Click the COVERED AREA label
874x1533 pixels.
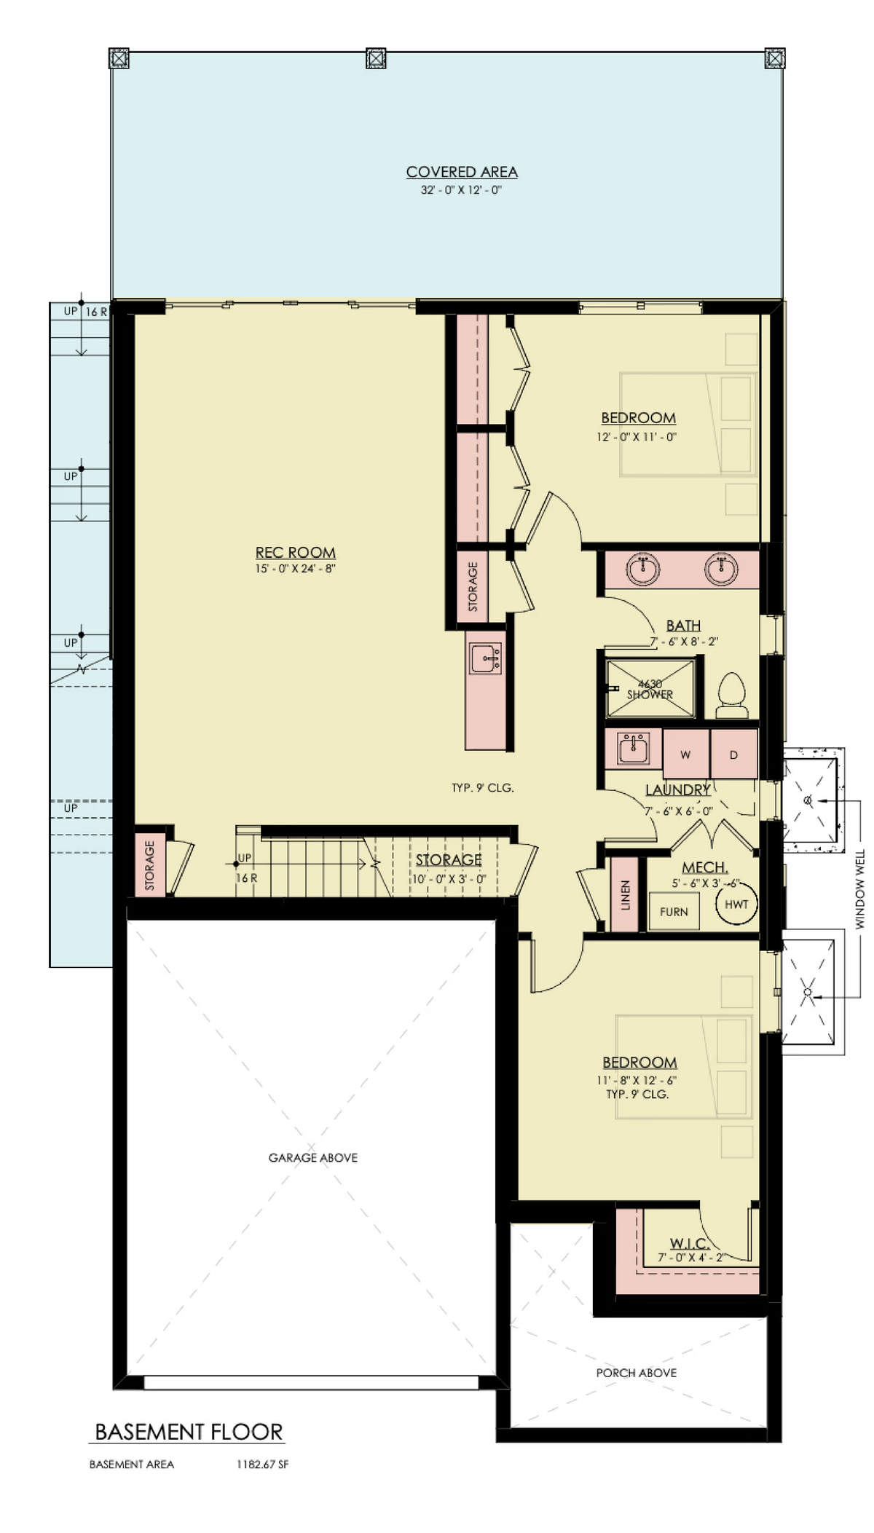[462, 172]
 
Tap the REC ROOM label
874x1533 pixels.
[295, 553]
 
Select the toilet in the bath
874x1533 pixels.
[731, 695]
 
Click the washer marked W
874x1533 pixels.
[685, 754]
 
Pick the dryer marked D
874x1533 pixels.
[733, 754]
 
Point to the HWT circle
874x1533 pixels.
[736, 905]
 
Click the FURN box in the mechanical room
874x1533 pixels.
[674, 912]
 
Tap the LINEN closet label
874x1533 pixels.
[625, 895]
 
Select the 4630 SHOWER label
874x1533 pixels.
[650, 689]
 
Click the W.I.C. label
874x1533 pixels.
[690, 1243]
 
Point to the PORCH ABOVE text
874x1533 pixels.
[637, 1373]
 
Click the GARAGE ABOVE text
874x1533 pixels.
[313, 1157]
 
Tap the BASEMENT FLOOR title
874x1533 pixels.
[189, 1432]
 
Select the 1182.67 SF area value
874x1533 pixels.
[262, 1465]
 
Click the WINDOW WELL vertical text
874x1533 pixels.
[860, 888]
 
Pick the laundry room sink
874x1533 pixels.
[634, 748]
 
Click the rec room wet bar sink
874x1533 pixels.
[485, 658]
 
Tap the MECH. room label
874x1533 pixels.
[705, 867]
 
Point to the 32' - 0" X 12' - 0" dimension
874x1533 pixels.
[462, 190]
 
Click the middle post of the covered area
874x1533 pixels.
[375, 58]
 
